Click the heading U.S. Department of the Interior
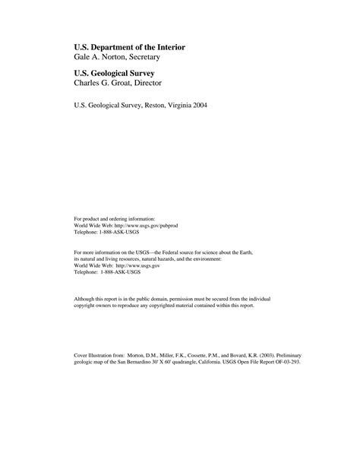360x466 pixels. pyautogui.click(x=129, y=47)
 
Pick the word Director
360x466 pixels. pyautogui.click(x=156, y=83)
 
